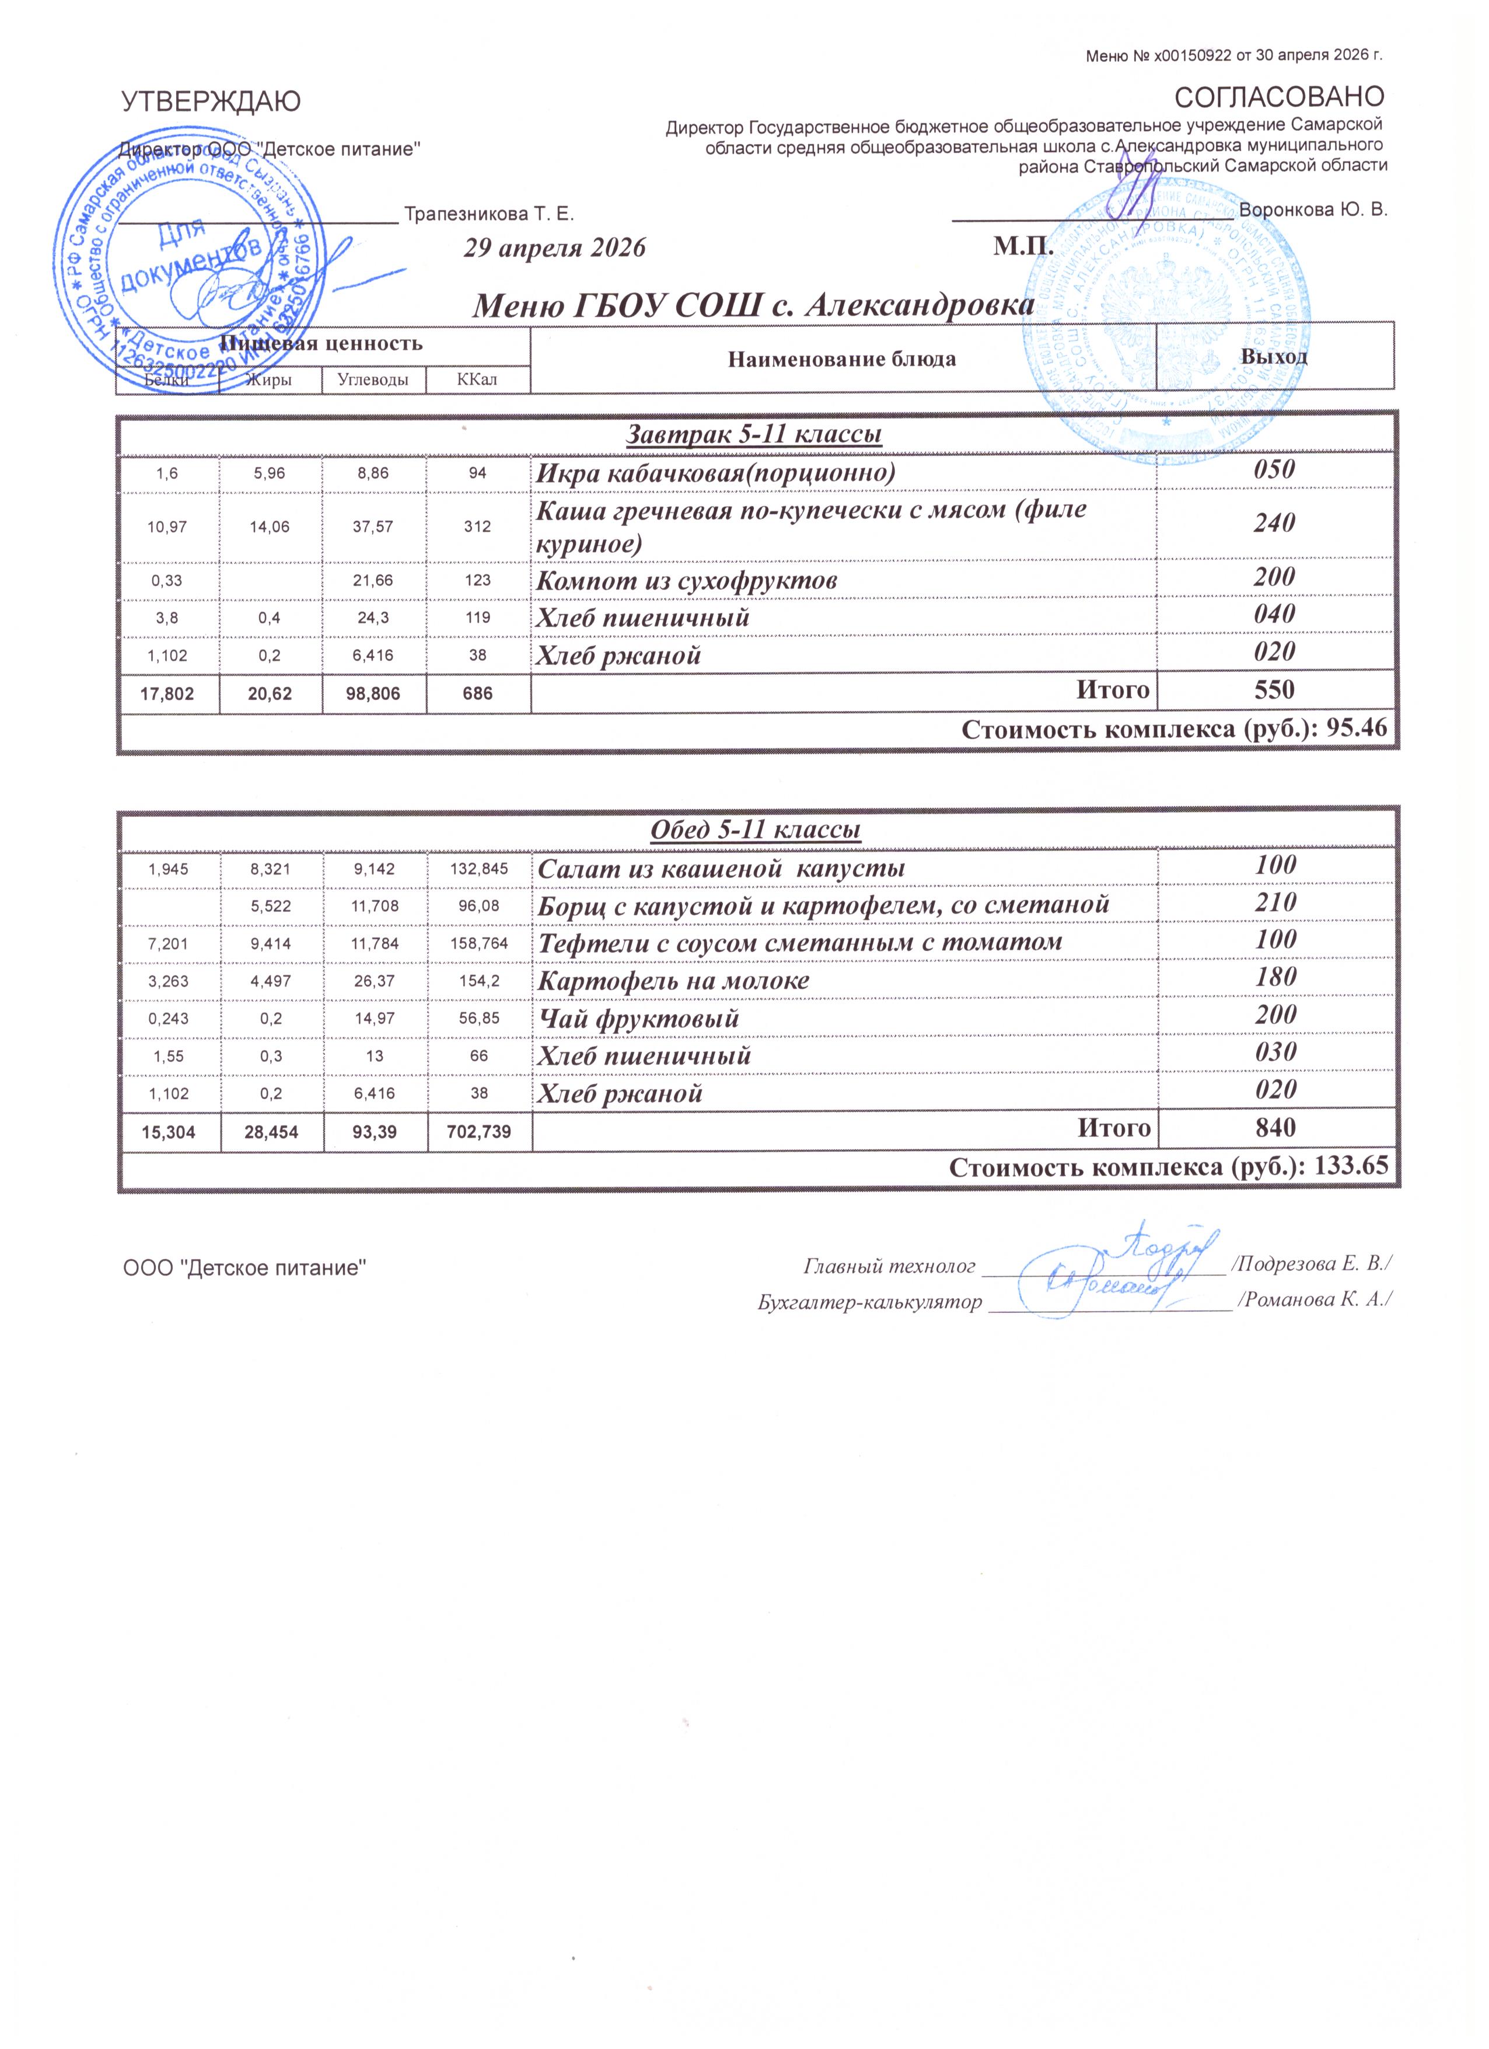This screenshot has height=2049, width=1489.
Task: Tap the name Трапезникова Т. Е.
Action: [488, 214]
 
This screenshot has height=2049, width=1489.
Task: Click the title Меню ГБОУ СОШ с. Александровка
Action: [754, 305]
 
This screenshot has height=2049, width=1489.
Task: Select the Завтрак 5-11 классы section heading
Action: [754, 434]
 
